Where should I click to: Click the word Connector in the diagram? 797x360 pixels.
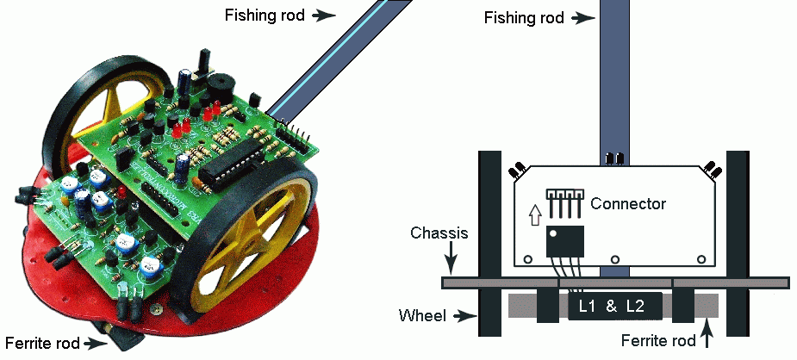pos(628,204)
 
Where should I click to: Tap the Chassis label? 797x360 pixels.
pos(439,233)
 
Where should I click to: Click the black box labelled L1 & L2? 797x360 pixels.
pos(613,307)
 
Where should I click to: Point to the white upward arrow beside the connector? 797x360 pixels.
pos(535,211)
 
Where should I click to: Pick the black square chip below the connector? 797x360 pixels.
pos(564,240)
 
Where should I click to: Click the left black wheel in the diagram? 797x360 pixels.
pos(490,245)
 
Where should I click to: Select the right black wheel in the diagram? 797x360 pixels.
pos(738,245)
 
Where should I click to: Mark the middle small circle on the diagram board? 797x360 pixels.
pos(614,258)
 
